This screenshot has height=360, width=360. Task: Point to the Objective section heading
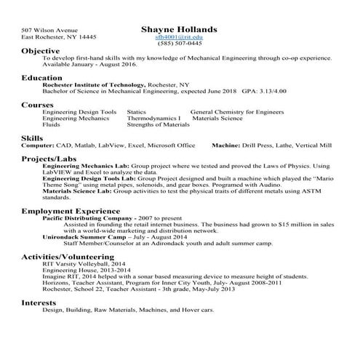click(40, 52)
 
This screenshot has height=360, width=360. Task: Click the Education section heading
click(41, 76)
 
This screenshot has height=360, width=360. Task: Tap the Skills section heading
click(32, 137)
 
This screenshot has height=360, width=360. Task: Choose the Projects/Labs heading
click(47, 158)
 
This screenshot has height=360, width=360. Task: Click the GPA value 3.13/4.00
click(273, 92)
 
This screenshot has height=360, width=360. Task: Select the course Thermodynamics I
click(153, 118)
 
